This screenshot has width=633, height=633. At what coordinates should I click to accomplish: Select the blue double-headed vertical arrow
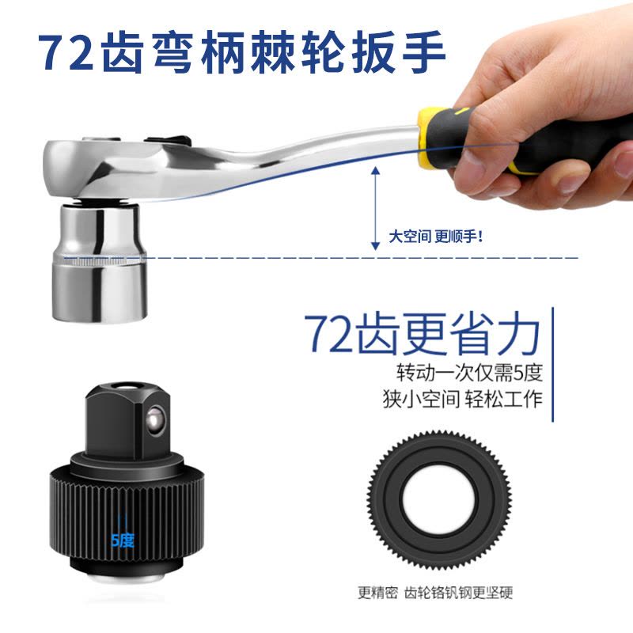click(375, 208)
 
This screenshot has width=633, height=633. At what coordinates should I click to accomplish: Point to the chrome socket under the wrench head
click(98, 262)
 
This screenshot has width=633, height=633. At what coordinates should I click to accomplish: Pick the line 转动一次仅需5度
click(469, 372)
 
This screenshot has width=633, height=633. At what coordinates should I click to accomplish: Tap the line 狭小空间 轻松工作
click(463, 399)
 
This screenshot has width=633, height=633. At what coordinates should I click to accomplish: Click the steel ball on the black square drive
click(155, 421)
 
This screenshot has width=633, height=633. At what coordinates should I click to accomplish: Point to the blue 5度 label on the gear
click(123, 540)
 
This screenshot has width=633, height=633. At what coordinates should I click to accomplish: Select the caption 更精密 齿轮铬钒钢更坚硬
click(435, 593)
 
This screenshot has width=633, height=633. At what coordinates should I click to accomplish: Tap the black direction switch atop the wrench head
click(168, 141)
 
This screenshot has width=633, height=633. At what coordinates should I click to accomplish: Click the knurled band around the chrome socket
click(99, 260)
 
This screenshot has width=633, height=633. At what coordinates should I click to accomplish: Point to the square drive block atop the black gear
click(127, 420)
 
